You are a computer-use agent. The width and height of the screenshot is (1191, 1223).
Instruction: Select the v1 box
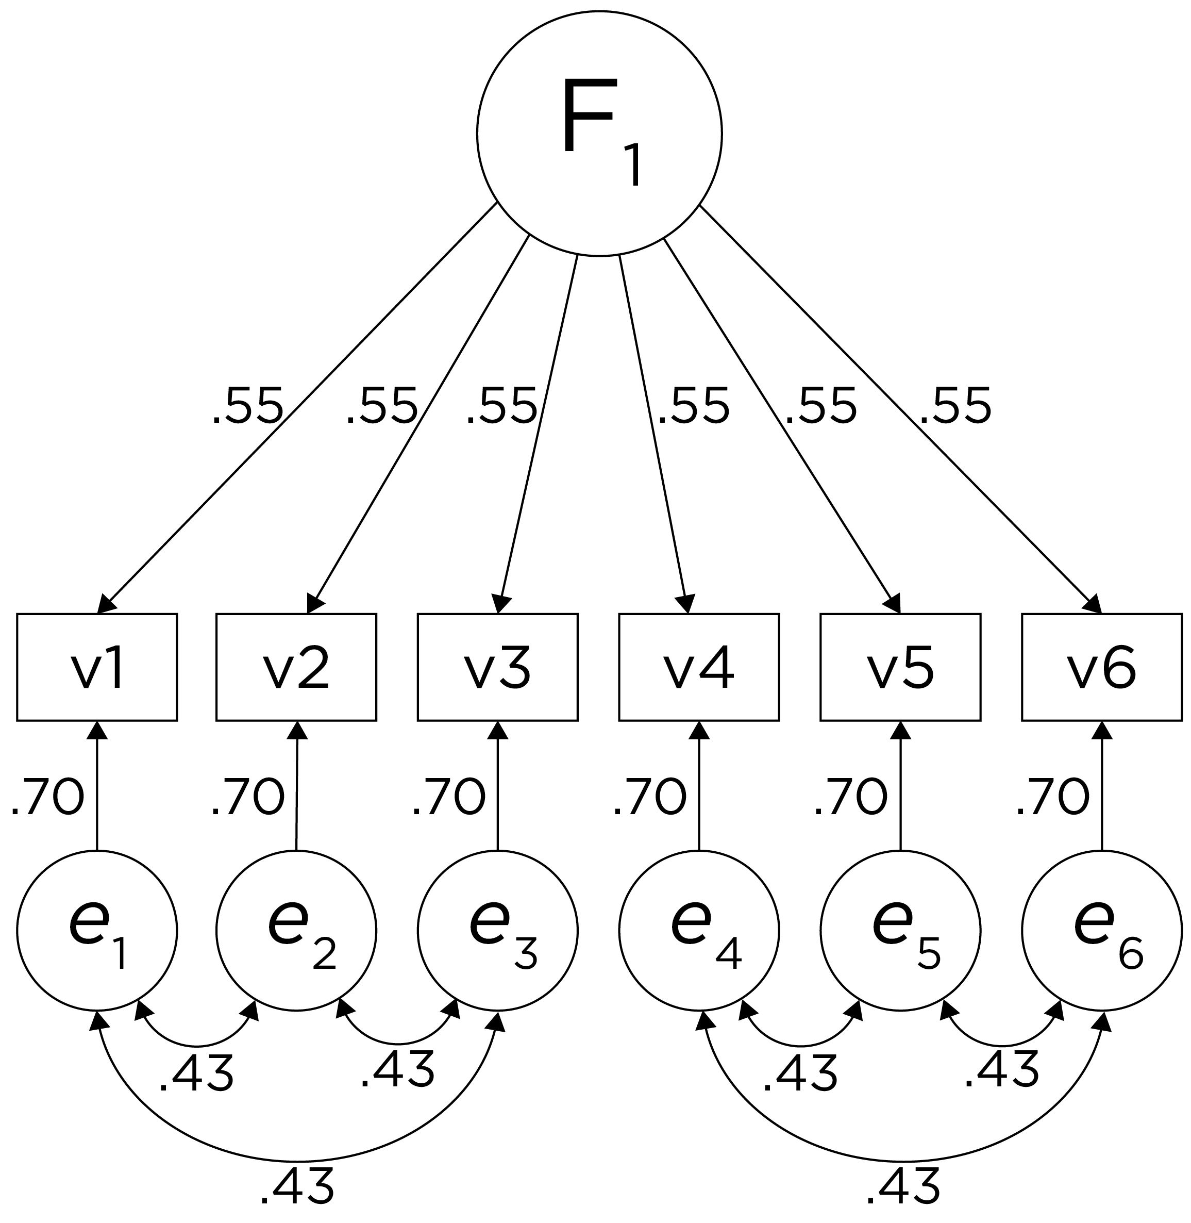97,667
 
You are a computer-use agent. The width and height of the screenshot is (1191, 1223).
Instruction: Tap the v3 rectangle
497,667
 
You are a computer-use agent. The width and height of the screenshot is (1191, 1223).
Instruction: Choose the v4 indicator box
699,667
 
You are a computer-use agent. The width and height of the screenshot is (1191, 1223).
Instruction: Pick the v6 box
1101,667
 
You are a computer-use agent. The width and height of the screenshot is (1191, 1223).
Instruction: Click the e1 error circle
97,930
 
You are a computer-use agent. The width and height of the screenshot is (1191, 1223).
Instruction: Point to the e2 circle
296,930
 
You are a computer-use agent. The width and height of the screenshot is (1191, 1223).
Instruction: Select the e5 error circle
900,930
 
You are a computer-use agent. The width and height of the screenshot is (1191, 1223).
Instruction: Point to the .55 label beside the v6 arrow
955,407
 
